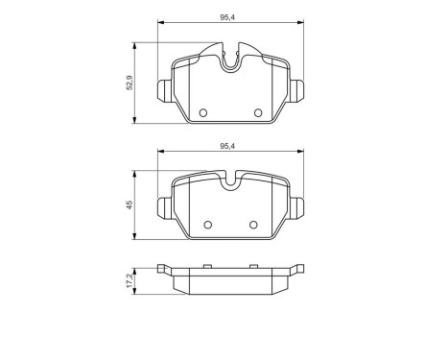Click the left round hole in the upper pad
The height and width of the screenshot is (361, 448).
pyautogui.click(x=202, y=113)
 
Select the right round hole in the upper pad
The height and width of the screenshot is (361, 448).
pyautogui.click(x=257, y=113)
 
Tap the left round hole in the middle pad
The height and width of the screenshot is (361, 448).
pyautogui.click(x=205, y=226)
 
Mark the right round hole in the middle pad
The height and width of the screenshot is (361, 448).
pyautogui.click(x=253, y=226)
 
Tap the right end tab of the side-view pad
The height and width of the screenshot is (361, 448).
pyautogui.click(x=297, y=270)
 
